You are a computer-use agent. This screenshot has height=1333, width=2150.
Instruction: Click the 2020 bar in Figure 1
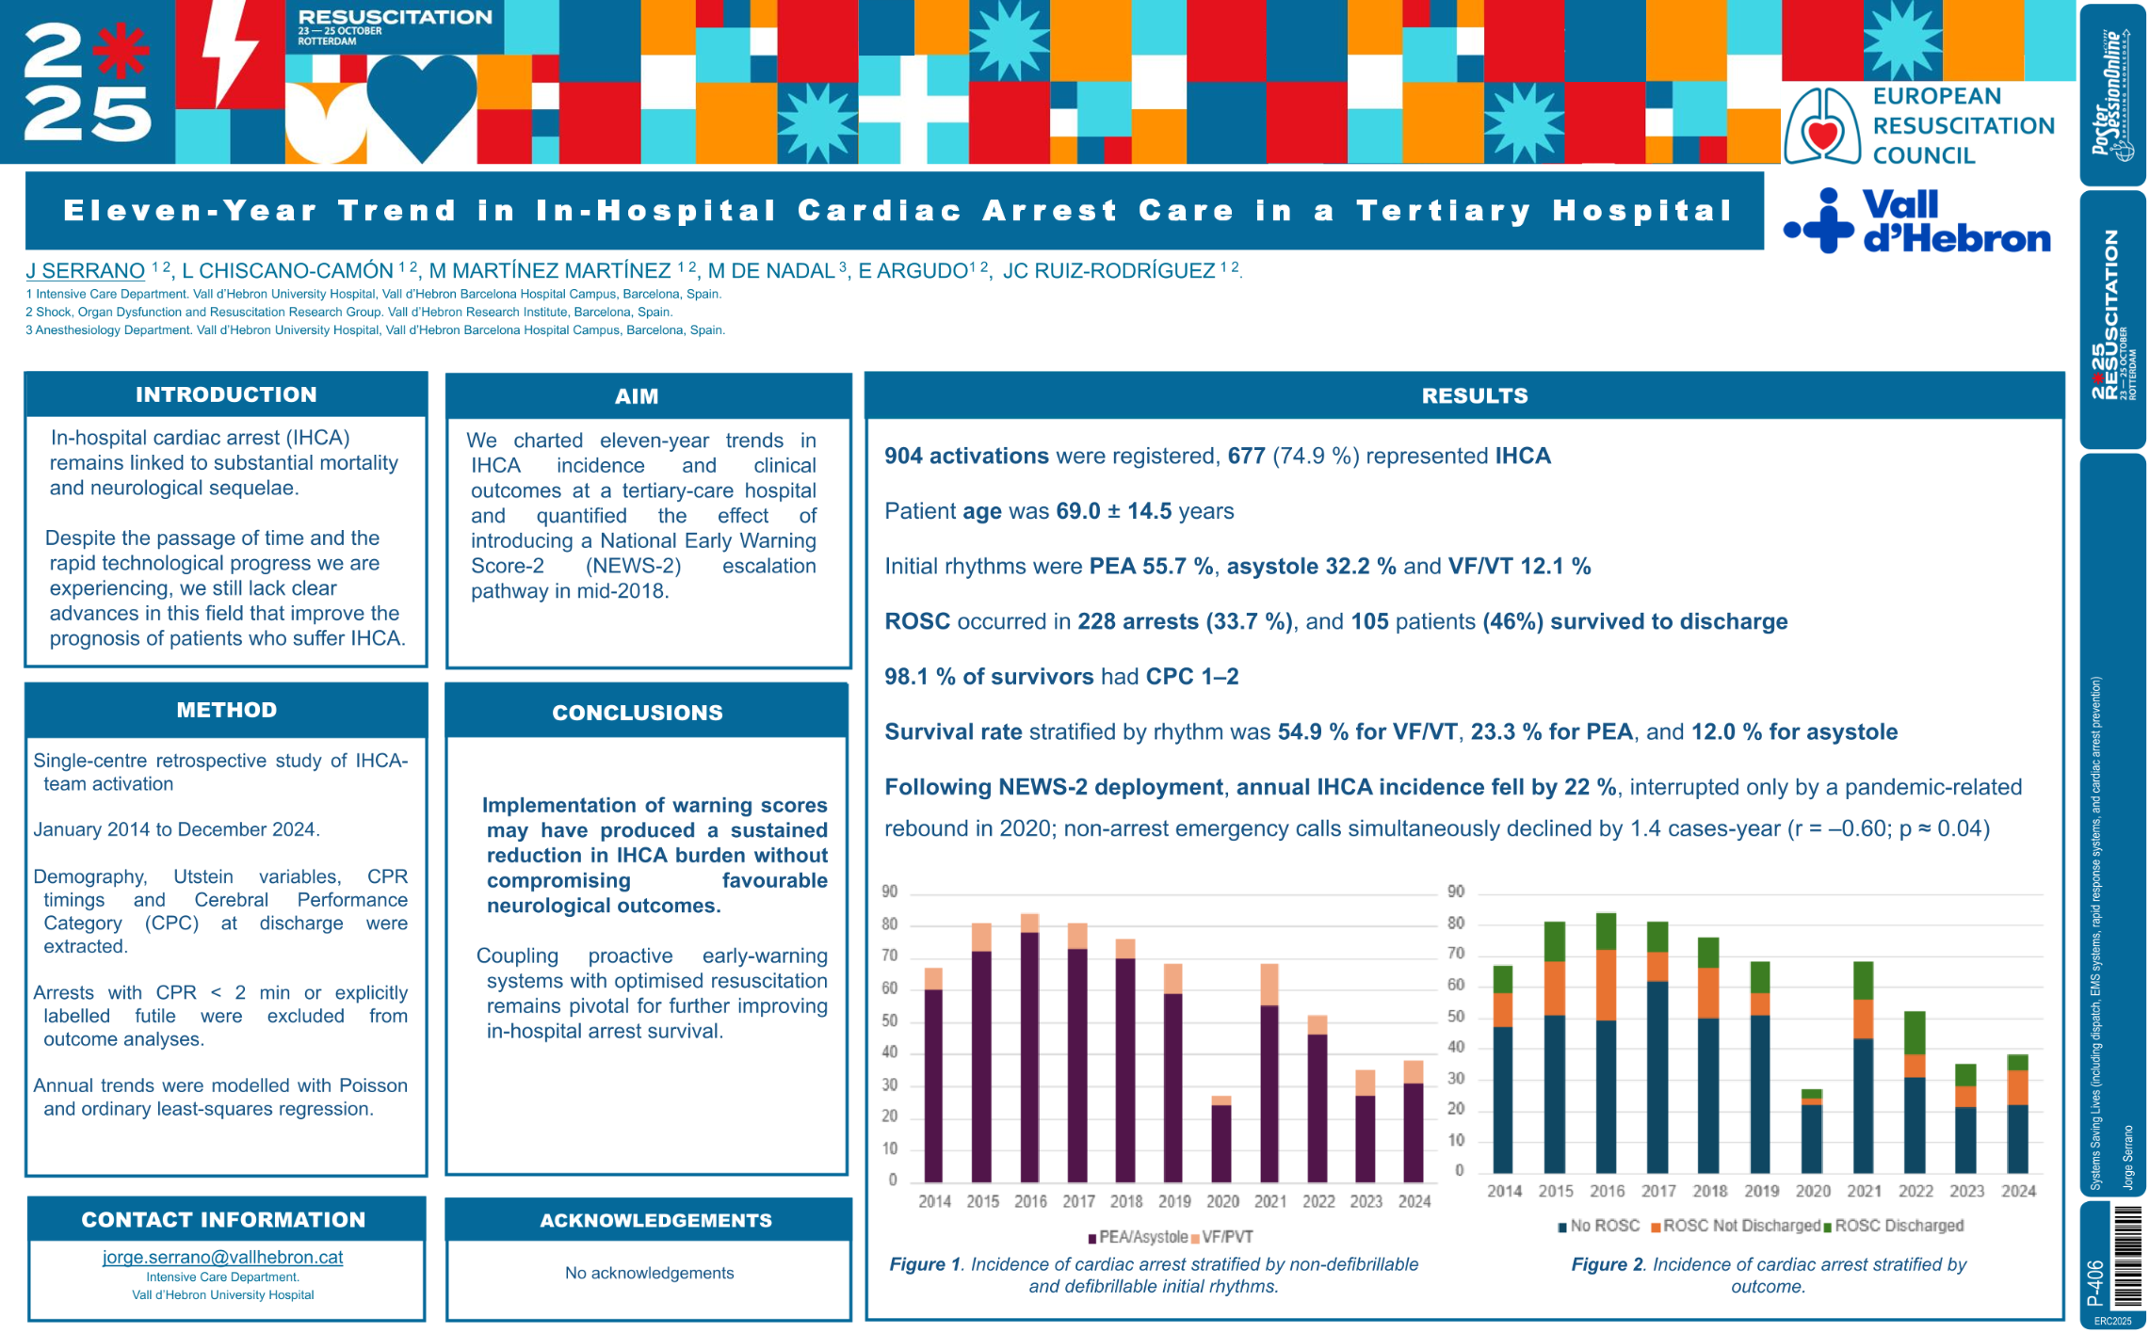pos(1220,1140)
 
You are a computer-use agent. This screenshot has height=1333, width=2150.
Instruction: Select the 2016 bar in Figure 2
pos(1606,1045)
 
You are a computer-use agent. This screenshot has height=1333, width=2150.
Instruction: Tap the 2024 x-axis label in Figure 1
pos(1414,1201)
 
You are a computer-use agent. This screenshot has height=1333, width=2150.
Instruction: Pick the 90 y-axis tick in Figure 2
pos(1456,891)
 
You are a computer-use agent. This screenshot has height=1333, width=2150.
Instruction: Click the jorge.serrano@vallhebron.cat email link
pos(222,1257)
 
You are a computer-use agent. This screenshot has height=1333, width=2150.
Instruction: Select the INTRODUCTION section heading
pos(226,394)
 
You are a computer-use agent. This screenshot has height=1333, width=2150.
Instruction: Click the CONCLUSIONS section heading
pos(638,713)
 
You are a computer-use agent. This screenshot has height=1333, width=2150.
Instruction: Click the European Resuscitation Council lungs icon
pos(1822,127)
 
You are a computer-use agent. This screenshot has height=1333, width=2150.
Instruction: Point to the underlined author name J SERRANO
pos(85,271)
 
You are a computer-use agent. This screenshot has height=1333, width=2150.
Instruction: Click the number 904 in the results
pos(903,457)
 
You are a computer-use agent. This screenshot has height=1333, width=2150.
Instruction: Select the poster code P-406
pos(2095,1282)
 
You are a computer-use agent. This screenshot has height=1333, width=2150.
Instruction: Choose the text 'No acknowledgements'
pos(649,1273)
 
